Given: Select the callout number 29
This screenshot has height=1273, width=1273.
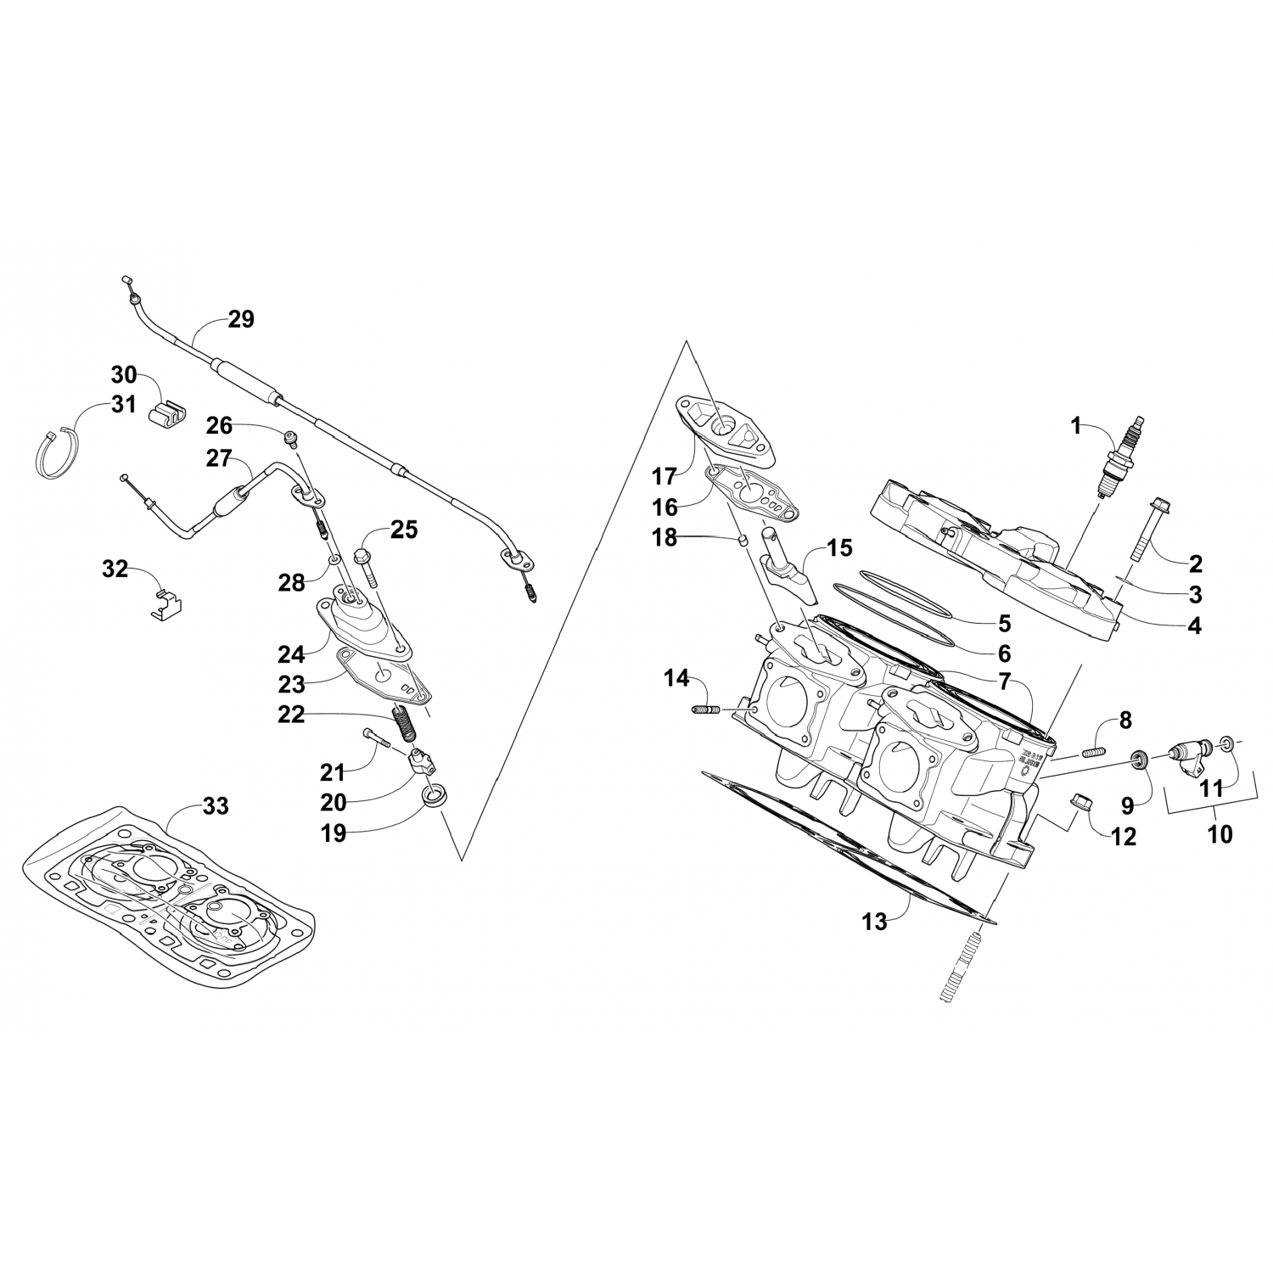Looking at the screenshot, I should (241, 320).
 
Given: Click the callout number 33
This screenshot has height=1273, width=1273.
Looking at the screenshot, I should (216, 805).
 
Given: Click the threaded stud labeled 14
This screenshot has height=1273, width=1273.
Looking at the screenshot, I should (706, 709).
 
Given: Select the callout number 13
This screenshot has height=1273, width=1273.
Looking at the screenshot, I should (874, 922).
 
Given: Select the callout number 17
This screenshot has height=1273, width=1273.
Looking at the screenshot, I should (664, 474).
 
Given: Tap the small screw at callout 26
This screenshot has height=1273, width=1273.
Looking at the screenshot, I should (292, 438).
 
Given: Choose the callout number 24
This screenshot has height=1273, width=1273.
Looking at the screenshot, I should (290, 654).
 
